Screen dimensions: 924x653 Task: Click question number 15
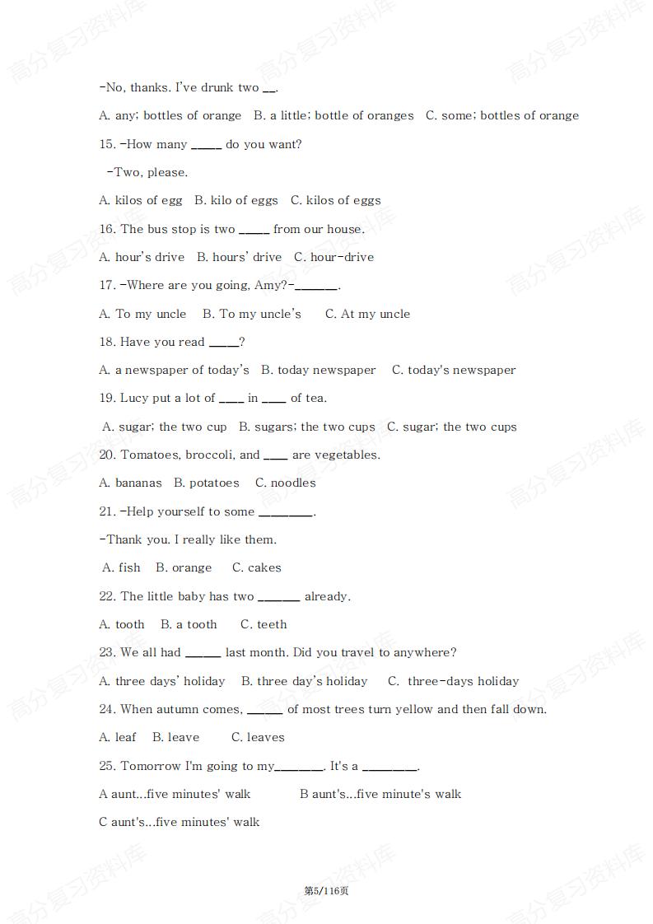pos(107,145)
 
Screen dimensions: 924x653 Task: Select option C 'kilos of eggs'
pos(335,201)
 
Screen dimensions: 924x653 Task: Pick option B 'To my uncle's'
pos(252,315)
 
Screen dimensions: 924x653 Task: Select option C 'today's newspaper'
pos(453,371)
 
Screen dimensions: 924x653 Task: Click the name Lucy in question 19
pos(134,399)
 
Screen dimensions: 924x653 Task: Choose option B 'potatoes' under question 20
pos(206,483)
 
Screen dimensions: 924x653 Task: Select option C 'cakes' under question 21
pos(256,568)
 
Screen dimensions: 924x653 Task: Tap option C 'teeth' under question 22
pos(264,625)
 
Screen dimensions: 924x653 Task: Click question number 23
pos(107,653)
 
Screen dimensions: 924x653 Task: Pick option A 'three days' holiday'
pos(161,682)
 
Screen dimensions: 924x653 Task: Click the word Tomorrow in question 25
pos(151,767)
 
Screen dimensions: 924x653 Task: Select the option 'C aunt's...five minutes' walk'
pos(179,823)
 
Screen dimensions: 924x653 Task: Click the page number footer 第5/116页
pos(326,891)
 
